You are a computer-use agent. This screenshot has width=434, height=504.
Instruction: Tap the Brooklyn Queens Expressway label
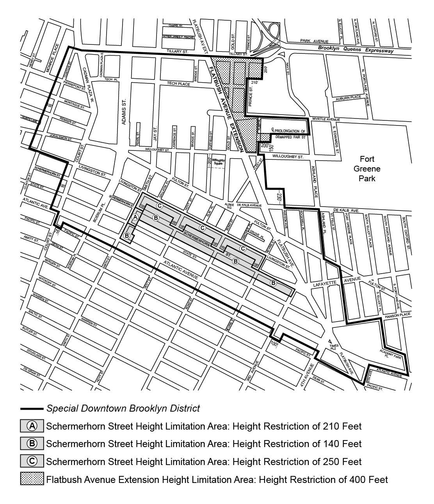[x=356, y=50]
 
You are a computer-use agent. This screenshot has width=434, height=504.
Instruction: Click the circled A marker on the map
[x=135, y=217]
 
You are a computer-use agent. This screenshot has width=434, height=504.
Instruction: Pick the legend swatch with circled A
[x=32, y=426]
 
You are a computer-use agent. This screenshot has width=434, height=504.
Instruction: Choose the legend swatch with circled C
[x=32, y=461]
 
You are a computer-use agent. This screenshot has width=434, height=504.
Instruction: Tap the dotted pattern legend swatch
[x=32, y=479]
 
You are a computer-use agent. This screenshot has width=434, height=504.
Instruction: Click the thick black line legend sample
[x=32, y=409]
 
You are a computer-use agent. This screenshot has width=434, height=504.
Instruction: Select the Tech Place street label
[x=178, y=84]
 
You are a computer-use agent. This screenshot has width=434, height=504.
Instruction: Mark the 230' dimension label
[x=279, y=197]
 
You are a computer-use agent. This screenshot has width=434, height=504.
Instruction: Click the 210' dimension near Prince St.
[x=254, y=83]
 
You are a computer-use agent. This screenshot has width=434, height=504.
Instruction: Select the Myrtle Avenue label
[x=326, y=119]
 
